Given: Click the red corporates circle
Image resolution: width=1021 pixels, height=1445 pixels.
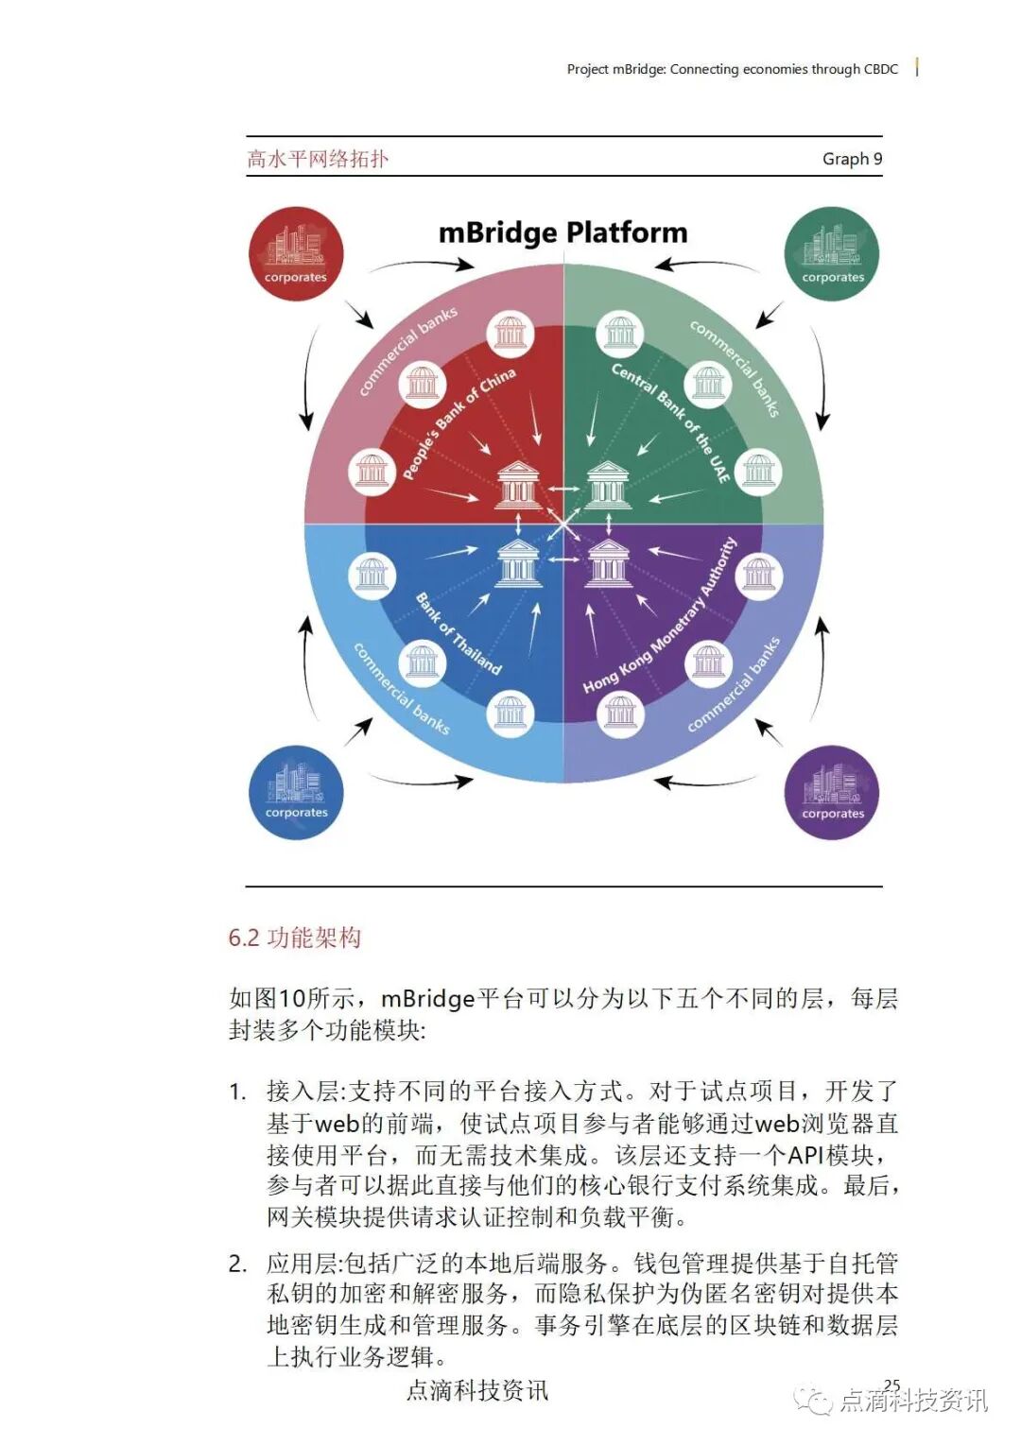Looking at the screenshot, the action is tap(295, 253).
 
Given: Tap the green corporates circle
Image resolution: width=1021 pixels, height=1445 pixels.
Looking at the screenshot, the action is tap(832, 253).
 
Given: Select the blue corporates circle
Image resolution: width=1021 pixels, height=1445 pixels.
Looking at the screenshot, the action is tap(295, 792).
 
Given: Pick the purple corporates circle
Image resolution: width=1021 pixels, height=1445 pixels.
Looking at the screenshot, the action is tap(832, 792).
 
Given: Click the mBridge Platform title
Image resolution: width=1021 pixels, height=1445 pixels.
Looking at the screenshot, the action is tap(563, 232).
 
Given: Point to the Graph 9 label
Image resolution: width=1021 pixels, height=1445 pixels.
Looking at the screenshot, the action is tap(852, 159).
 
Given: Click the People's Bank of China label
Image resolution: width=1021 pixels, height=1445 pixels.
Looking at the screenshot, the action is tap(459, 422).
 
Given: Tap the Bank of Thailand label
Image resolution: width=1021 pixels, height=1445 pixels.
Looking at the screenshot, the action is tap(459, 634).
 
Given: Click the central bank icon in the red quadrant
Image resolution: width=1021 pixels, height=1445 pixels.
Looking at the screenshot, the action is tap(518, 485).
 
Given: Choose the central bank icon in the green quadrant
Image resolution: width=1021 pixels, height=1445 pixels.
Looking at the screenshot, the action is tap(609, 485).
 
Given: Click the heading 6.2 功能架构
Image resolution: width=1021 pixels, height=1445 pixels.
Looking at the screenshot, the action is tap(295, 938).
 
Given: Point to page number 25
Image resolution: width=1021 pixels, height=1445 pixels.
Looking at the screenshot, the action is tap(891, 1385).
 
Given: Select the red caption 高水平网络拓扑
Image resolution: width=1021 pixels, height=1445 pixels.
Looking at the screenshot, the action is tap(318, 159).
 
